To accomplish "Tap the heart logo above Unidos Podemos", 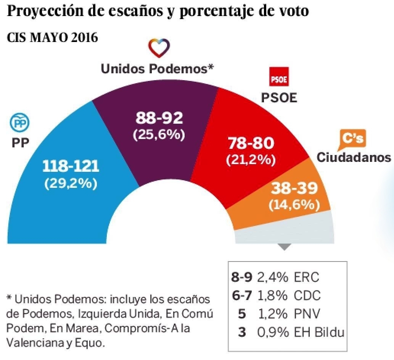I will (159, 48).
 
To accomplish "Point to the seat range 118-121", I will (71, 166).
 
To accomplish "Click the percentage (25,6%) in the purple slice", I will (159, 135).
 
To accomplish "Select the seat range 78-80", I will (251, 144).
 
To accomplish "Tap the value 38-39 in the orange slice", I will (294, 188).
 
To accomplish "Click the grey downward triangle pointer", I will (285, 247).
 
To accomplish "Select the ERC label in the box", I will (306, 277).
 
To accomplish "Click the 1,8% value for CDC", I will (272, 295).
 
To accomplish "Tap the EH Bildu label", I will (319, 332).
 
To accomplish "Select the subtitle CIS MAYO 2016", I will (52, 38).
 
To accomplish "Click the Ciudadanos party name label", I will (354, 157).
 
